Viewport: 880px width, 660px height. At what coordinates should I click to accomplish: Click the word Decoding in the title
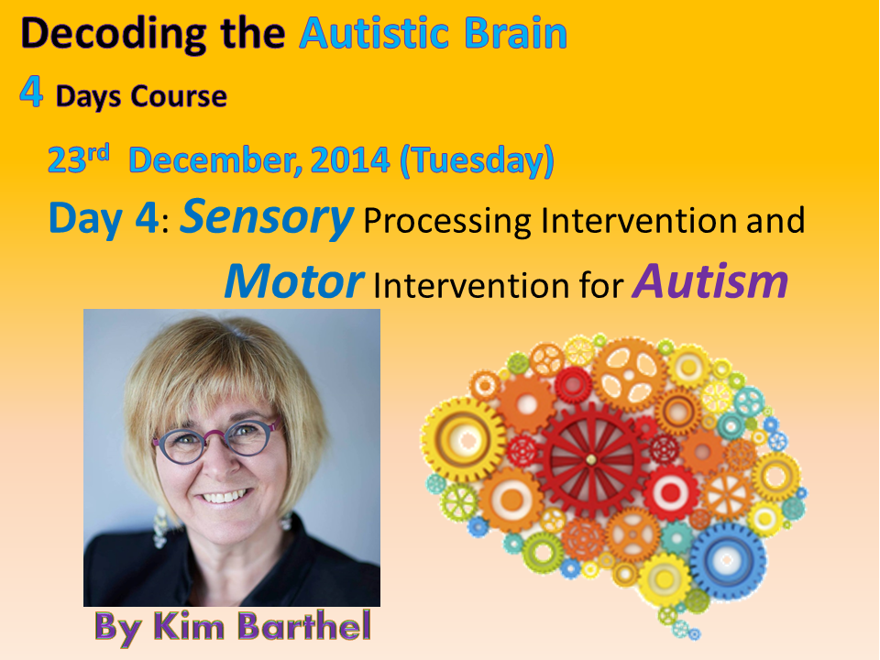pyautogui.click(x=114, y=35)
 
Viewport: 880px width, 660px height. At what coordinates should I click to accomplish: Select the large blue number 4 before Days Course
pyautogui.click(x=31, y=92)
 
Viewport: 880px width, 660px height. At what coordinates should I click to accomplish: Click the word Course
pyautogui.click(x=179, y=96)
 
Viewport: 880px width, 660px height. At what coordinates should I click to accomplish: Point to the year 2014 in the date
pyautogui.click(x=349, y=159)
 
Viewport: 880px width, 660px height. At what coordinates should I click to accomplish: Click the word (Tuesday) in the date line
pyautogui.click(x=477, y=161)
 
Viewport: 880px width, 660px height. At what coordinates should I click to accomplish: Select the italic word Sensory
pyautogui.click(x=267, y=218)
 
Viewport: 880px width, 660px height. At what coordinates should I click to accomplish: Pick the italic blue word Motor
pyautogui.click(x=294, y=280)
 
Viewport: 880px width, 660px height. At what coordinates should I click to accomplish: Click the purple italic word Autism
pyautogui.click(x=710, y=280)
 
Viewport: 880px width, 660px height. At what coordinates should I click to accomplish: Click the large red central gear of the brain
pyautogui.click(x=590, y=459)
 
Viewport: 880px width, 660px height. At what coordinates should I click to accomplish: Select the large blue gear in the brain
pyautogui.click(x=727, y=561)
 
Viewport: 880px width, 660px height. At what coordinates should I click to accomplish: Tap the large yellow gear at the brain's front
pyautogui.click(x=464, y=439)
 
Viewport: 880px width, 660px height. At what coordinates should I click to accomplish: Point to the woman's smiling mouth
pyautogui.click(x=224, y=496)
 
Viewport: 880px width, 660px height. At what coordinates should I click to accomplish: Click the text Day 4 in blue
pyautogui.click(x=104, y=218)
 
